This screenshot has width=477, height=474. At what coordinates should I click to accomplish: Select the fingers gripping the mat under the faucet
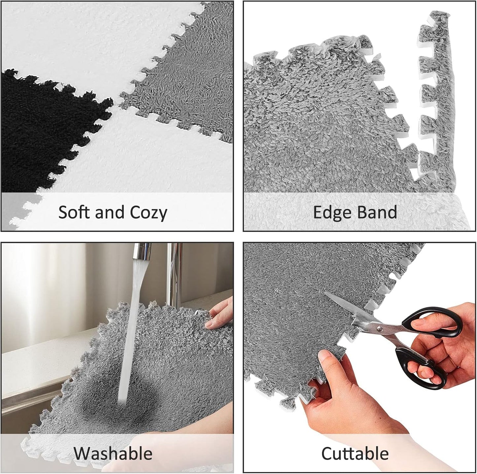(220, 315)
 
